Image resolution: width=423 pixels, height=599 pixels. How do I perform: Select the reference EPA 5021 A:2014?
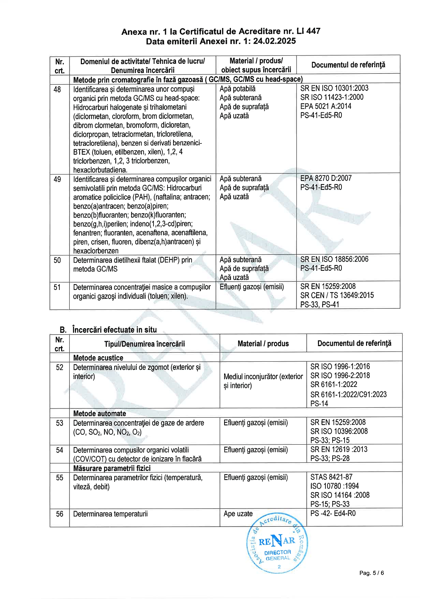pos(325,106)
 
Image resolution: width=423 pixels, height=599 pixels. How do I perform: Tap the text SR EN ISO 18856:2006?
pos(334,259)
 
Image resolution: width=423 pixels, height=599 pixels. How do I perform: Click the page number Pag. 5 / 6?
pos(371,573)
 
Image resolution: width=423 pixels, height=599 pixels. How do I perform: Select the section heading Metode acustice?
pos(98,358)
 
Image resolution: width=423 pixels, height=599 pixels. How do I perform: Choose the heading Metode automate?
pos(100,414)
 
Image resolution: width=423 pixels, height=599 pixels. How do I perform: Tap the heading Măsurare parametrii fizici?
pos(112,468)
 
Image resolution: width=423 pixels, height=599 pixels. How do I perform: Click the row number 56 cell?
pos(60,514)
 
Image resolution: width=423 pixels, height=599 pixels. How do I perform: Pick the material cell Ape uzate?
pos(238,514)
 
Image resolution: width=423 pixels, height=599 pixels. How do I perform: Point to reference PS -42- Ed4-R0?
pos(333,513)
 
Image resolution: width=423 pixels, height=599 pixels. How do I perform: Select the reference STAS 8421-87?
pos(332,477)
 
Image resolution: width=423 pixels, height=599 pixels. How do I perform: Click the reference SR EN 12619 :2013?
pos(339,449)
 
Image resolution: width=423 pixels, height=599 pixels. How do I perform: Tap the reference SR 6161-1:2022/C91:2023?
pos(348,394)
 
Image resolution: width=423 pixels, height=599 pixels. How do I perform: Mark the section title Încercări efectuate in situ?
pos(114,330)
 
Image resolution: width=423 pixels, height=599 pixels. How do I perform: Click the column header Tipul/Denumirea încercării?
pos(145,344)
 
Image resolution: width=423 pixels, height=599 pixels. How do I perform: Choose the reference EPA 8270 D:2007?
pos(326,178)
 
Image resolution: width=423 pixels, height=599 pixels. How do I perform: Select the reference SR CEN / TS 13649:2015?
pos(337,295)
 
